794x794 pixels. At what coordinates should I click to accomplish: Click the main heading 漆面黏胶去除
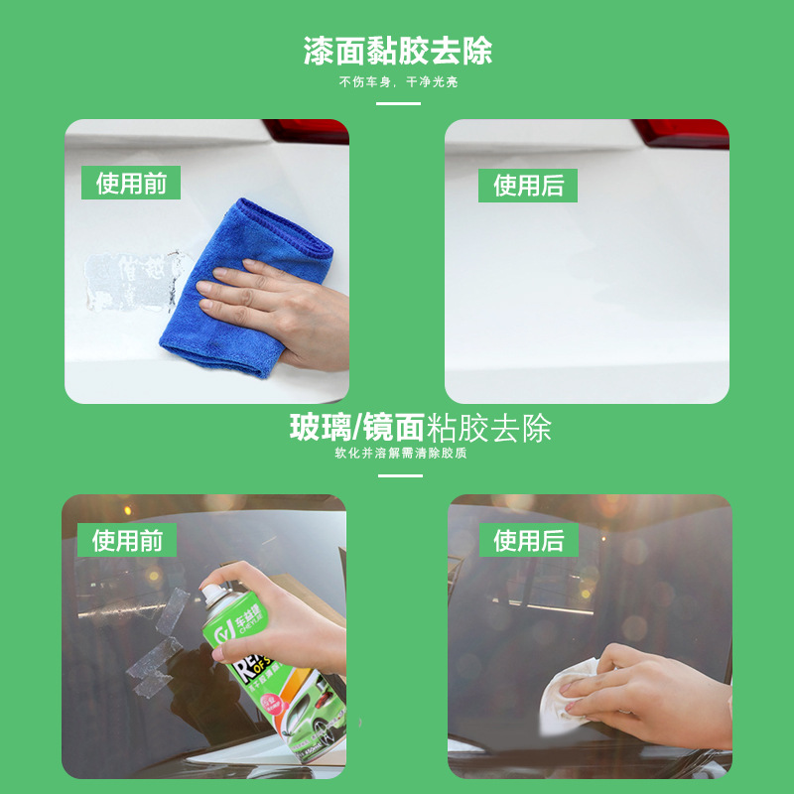pos(397,51)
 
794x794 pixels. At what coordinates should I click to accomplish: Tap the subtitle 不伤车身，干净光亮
pos(397,82)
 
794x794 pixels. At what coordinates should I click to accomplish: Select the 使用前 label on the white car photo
pos(130,184)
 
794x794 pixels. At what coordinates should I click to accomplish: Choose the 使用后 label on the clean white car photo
pos(528,186)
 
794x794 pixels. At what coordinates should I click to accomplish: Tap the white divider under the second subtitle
pos(400,475)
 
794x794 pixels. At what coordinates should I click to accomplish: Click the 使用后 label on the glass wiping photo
pos(528,540)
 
